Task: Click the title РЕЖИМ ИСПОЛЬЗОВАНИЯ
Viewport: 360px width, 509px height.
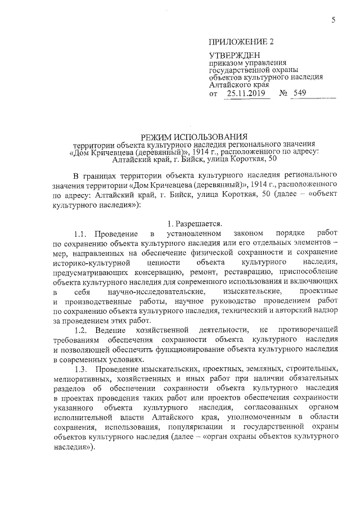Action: click(193, 136)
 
